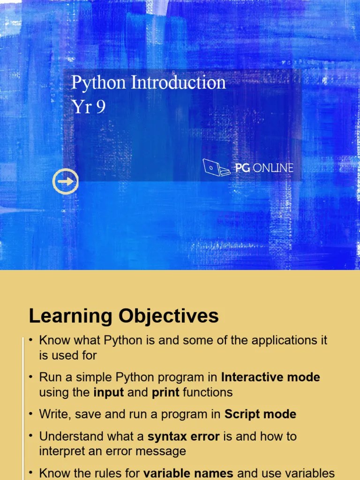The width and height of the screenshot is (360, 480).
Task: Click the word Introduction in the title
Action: coord(178,82)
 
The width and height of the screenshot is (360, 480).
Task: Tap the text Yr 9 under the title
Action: coord(88,107)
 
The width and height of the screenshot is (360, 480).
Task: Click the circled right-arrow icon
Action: coord(65,181)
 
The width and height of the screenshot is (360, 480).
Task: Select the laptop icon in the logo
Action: coord(216,167)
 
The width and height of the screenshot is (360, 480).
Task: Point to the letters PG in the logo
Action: coord(242,168)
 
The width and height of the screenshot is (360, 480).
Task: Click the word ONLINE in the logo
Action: coord(273,168)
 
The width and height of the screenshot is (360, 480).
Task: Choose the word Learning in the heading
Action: coord(70,316)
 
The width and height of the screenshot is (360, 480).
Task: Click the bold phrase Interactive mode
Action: coord(270,377)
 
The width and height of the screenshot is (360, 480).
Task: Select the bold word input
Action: coord(109,392)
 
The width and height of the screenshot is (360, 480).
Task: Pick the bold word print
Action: coord(165,392)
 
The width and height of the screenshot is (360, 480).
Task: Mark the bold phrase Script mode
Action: coord(260,414)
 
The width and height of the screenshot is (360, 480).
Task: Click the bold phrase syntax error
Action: coord(183,436)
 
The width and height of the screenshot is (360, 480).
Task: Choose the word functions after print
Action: coord(208,392)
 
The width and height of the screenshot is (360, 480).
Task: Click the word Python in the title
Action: coord(98,83)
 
